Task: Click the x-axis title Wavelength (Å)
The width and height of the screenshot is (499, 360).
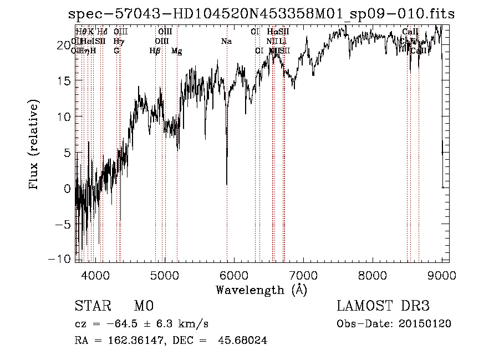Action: point(261,290)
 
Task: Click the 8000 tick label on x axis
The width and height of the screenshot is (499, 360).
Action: point(373,274)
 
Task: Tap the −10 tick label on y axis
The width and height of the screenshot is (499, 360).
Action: point(64,260)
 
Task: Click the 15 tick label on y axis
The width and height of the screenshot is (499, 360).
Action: point(65,81)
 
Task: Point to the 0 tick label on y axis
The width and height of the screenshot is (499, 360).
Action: point(68,189)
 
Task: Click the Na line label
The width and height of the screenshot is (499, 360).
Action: point(226,42)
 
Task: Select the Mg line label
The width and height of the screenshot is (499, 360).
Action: point(177,51)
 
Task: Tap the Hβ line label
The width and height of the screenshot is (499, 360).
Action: point(155,51)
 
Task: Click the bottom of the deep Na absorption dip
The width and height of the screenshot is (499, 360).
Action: point(227,183)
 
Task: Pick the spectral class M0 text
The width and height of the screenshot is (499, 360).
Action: point(144,306)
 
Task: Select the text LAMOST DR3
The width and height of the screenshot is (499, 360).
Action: point(383,306)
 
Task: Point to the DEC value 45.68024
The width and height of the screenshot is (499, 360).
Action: point(243,341)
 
